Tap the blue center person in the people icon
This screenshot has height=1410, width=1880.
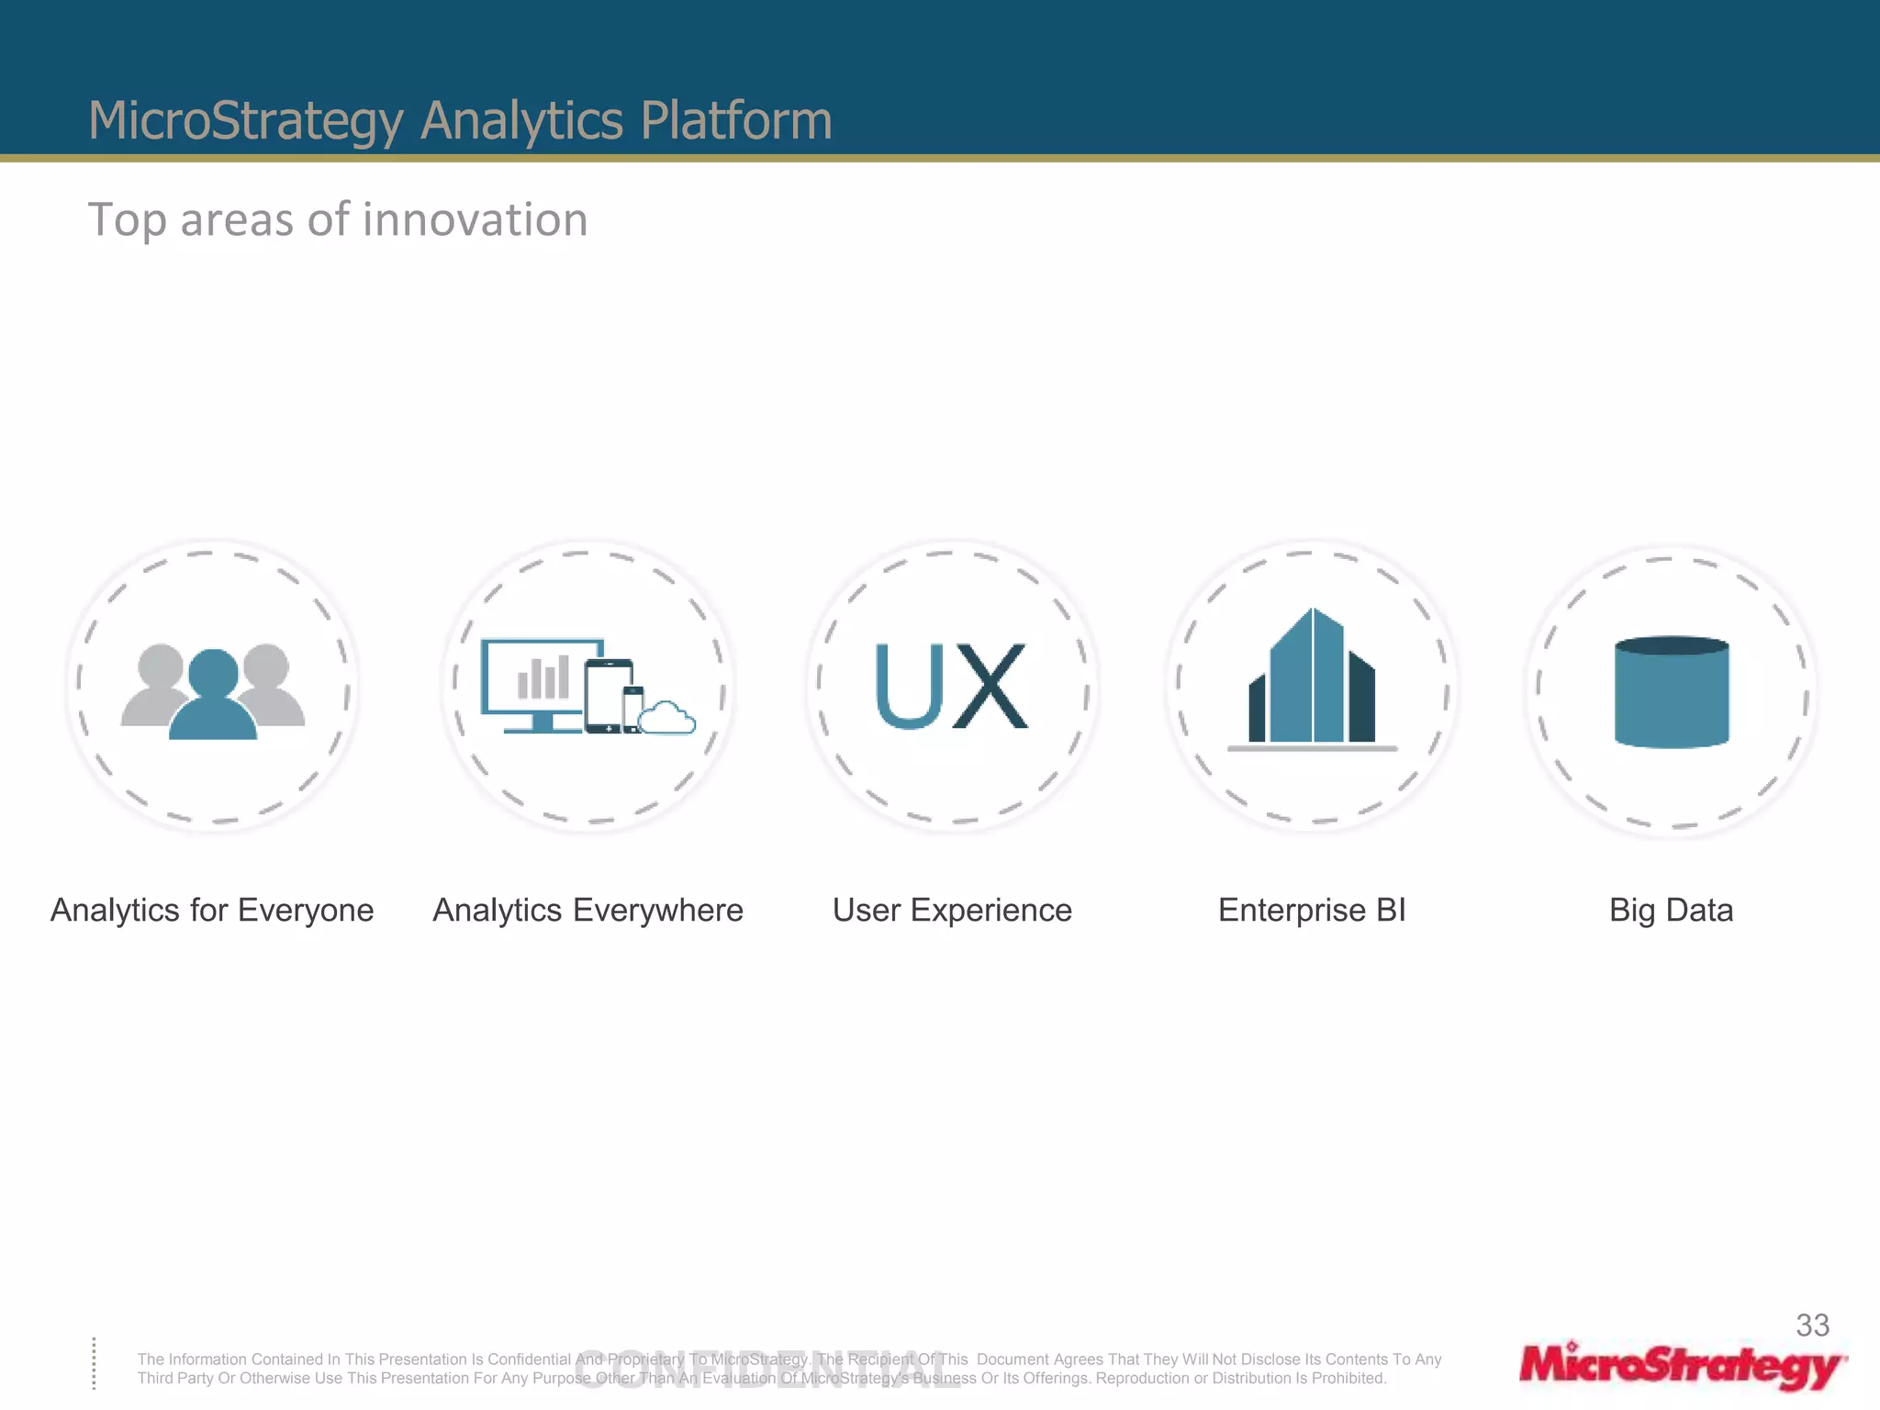click(213, 698)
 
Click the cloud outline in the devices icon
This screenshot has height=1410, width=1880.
click(667, 719)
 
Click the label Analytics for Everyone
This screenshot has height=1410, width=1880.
click(212, 910)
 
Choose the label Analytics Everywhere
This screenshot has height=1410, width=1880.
click(587, 910)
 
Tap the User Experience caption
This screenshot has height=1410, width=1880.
click(952, 910)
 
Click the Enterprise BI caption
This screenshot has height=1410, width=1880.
click(1312, 910)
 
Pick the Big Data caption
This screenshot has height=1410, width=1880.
click(1671, 910)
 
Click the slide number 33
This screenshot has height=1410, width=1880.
click(1812, 1325)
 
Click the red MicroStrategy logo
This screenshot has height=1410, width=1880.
click(1682, 1367)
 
